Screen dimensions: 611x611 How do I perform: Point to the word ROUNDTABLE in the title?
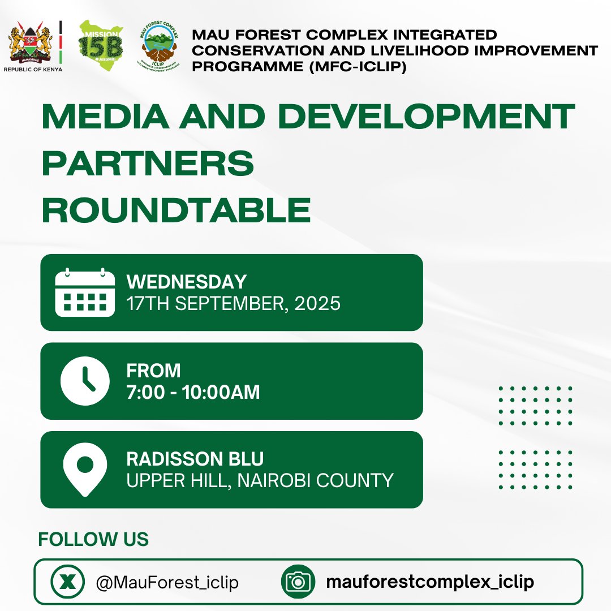point(176,210)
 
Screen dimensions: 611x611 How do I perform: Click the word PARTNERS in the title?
point(148,163)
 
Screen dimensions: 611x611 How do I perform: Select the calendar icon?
point(85,292)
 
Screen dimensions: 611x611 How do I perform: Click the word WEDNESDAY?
point(187,282)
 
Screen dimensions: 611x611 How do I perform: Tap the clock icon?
point(85,381)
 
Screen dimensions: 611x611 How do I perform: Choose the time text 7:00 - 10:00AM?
point(193,392)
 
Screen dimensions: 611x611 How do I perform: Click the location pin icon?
point(85,469)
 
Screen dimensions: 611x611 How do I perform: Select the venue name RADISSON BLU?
point(195,459)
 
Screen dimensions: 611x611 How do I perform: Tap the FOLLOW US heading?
point(93,539)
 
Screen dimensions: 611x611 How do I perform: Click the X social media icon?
point(67,582)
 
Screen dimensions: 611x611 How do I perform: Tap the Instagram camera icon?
point(298,582)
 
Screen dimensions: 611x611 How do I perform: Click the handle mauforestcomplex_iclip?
point(430,582)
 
